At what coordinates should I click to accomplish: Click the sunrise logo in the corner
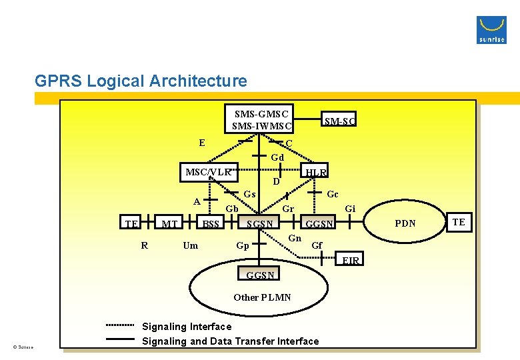coord(491,30)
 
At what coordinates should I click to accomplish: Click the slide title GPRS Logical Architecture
coord(141,81)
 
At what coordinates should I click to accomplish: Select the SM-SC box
coord(339,121)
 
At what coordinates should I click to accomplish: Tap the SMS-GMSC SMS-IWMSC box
coord(261,119)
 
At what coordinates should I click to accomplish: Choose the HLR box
coord(315,172)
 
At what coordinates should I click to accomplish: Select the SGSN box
coord(260,223)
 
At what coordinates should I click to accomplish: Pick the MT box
coord(169,223)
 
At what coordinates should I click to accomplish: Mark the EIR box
coord(351,260)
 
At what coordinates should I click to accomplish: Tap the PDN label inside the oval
coord(405,223)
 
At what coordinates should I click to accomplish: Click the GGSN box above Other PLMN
coord(260,275)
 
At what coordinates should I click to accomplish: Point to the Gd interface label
coord(277,157)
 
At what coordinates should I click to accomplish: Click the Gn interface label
coord(295,238)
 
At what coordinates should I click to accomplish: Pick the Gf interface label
coord(317,245)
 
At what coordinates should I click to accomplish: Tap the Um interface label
coord(190,245)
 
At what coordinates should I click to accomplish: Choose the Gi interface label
coord(350,209)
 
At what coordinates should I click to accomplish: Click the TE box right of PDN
coord(459,222)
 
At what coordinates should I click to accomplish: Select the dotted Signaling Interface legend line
coord(120,325)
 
